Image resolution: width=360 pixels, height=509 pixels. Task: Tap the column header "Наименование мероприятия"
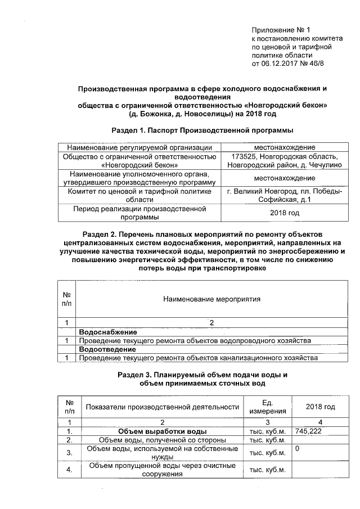[211, 299]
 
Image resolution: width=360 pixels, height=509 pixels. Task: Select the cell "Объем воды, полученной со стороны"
[163, 440]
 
